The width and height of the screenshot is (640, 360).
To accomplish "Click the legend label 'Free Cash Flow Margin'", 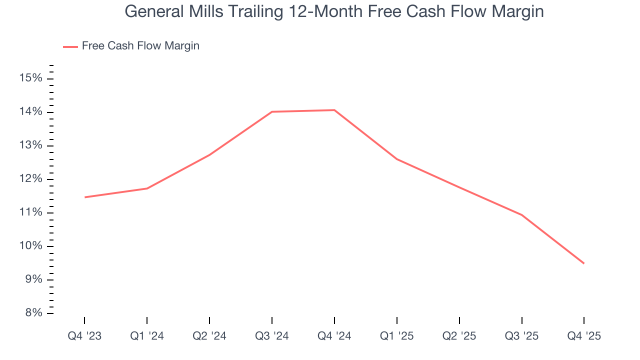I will tap(140, 46).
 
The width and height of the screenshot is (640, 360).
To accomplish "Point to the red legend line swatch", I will tap(70, 46).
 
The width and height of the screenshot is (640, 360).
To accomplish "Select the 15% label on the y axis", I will tap(30, 78).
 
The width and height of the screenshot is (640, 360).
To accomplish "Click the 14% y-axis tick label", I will tap(30, 112).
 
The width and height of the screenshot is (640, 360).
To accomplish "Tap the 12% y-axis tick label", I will tap(30, 179).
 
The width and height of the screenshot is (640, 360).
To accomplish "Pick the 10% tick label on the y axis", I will tap(30, 246).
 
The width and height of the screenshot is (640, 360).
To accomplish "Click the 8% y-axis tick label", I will tap(33, 313).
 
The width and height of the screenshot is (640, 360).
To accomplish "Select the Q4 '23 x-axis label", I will tap(84, 336).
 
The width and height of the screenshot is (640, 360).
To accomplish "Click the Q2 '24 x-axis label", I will tap(209, 336).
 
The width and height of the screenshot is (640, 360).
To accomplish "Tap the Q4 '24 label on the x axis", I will tap(334, 336).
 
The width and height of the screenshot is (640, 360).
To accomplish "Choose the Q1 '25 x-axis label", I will tap(397, 336).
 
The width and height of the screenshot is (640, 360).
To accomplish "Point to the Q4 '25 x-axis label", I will tap(584, 336).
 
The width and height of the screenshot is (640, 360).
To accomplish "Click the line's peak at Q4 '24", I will tap(334, 110).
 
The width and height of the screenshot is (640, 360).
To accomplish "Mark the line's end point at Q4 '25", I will tap(584, 263).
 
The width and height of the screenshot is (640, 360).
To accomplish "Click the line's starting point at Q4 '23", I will tap(85, 197).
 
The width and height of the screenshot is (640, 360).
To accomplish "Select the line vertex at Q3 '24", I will tap(272, 111).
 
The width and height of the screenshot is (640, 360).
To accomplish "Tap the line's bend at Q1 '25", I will tap(397, 159).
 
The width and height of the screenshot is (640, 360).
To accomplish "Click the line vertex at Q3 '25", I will tap(522, 215).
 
